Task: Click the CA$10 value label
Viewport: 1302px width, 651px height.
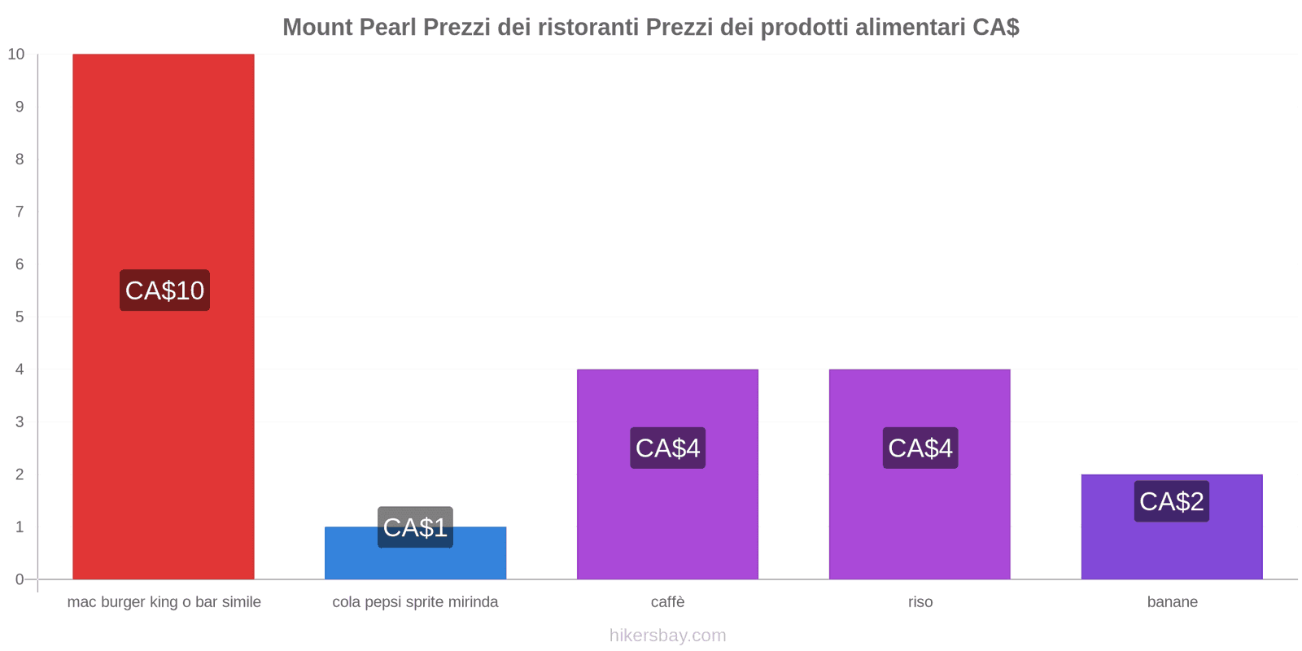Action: point(164,291)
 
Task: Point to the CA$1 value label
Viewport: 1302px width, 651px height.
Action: point(415,527)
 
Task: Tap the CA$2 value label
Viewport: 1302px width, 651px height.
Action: point(1172,501)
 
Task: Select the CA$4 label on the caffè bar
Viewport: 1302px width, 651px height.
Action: point(667,448)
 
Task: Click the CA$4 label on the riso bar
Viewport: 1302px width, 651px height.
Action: point(920,448)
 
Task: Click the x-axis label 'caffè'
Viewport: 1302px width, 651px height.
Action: point(667,602)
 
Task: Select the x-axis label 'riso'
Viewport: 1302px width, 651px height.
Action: point(920,602)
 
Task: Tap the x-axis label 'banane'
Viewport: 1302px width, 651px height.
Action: point(1172,602)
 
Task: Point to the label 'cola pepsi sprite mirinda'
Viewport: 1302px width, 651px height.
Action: point(415,602)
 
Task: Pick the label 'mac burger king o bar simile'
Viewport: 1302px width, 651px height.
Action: point(164,602)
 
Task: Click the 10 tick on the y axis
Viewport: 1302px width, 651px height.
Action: point(16,55)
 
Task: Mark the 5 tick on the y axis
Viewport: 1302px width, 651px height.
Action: point(20,317)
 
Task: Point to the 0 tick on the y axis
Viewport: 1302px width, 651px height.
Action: point(20,579)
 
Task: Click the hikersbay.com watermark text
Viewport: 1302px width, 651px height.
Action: point(667,636)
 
